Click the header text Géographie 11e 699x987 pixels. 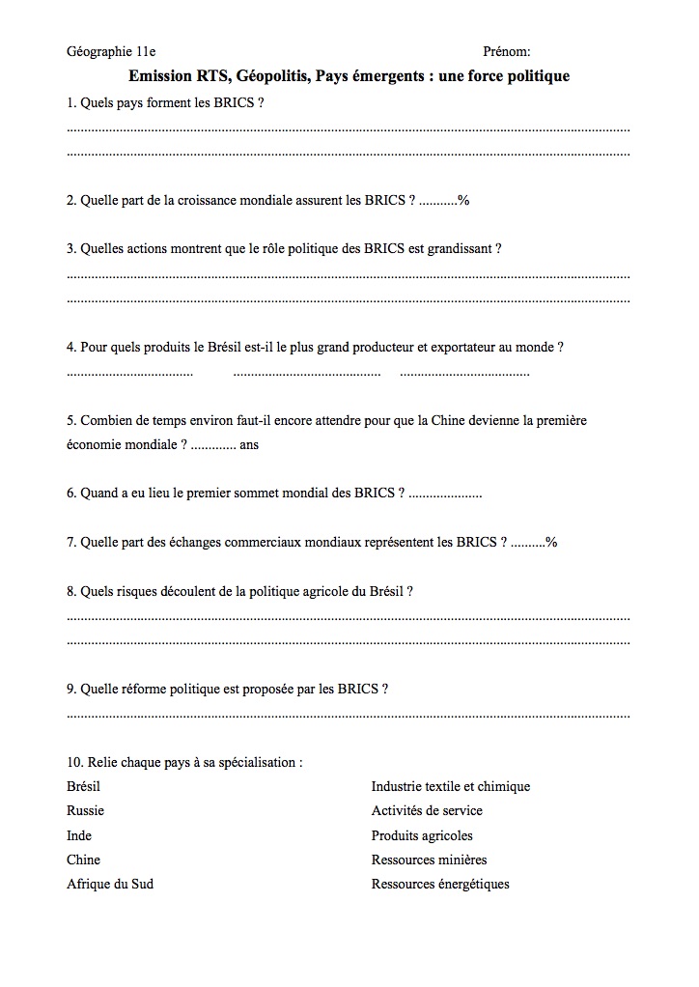111,51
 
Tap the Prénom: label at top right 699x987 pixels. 506,51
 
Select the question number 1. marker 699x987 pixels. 71,101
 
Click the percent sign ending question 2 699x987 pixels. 463,200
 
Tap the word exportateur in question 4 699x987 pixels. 462,347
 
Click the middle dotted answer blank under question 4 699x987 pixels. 307,373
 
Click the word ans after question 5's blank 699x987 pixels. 248,444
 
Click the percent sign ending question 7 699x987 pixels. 551,542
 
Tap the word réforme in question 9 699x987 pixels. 144,689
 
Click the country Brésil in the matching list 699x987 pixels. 83,786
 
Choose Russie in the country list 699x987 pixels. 85,810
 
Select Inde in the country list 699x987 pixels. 79,835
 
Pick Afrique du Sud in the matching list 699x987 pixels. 109,884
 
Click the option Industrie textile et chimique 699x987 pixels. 450,786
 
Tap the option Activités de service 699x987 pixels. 426,810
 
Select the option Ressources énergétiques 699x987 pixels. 439,884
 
